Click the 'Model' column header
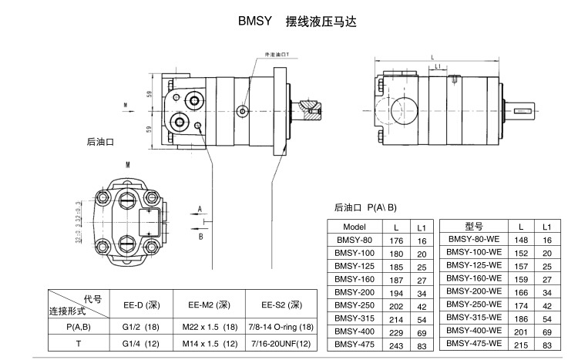[355, 227]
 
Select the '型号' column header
[474, 227]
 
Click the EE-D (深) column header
[137, 304]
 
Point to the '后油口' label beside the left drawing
[100, 143]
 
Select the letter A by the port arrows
[200, 209]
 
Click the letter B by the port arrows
[200, 236]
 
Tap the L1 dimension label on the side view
[438, 68]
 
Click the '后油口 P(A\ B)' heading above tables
[365, 207]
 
